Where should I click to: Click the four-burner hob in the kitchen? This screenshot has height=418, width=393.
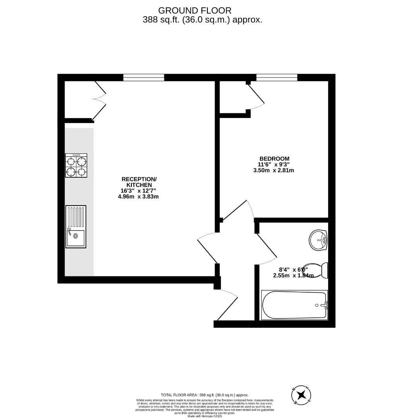coord(76,165)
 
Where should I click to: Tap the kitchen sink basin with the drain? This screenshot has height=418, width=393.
coord(76,238)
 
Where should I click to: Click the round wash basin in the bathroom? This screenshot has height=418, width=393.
coord(318,240)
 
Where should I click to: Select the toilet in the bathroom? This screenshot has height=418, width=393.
coord(320,271)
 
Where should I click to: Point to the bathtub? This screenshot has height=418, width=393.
coord(294,305)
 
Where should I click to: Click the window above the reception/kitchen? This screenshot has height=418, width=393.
coord(144,78)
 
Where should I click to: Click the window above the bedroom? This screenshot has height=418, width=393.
coord(277,78)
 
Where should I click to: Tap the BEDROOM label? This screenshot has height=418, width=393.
coord(274,159)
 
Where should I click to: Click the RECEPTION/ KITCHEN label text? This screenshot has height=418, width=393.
coord(139,182)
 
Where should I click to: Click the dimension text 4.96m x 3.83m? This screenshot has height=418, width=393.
coord(138,197)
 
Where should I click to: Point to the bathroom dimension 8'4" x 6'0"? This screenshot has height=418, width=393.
coord(293,270)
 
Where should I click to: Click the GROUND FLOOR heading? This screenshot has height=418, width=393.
coord(195,10)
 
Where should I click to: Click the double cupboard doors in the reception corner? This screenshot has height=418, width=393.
coord(99,101)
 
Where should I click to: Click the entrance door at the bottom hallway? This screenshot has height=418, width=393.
coord(227,306)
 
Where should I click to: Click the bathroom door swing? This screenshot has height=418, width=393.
coord(266,248)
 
